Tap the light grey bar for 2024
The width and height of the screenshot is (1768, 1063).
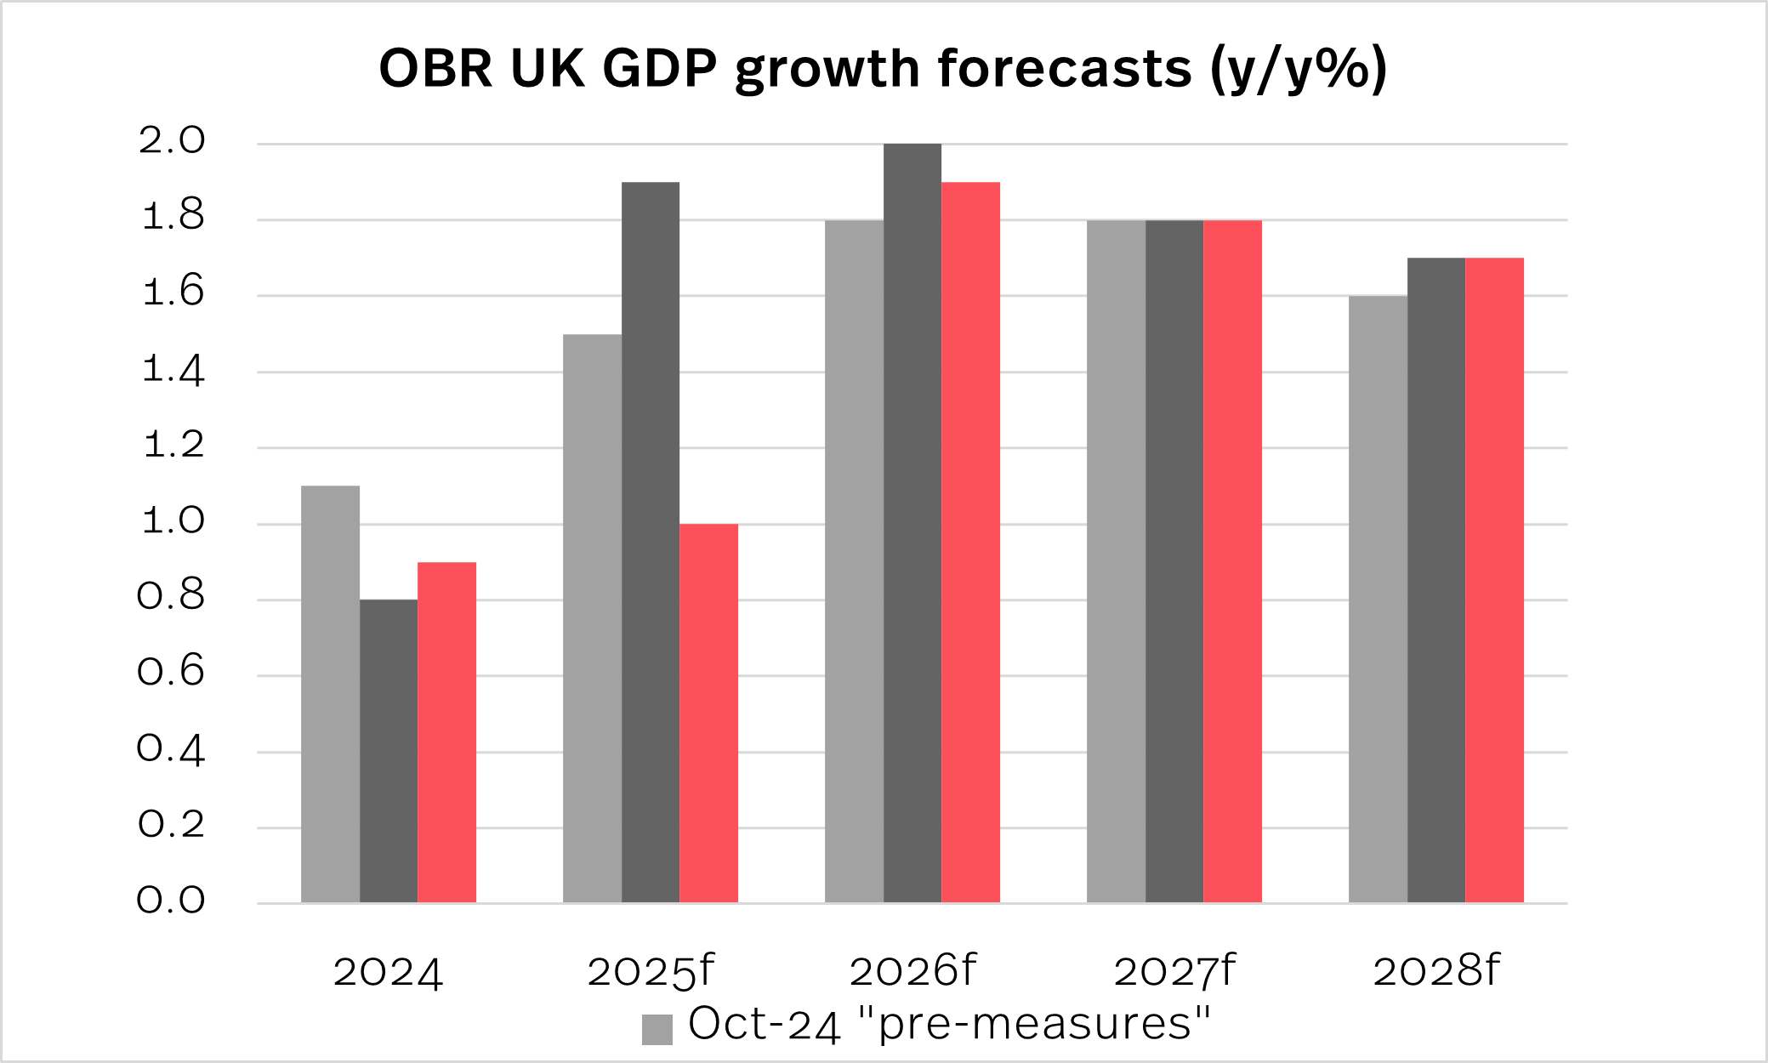tap(330, 694)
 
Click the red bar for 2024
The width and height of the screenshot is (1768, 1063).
tap(446, 732)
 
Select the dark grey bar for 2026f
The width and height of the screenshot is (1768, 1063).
tap(912, 523)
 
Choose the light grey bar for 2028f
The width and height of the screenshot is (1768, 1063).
tap(1378, 599)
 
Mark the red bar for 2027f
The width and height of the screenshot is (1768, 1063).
tap(1232, 561)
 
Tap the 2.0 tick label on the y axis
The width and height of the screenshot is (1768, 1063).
tap(172, 141)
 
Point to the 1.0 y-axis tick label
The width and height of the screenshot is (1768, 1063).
tap(172, 521)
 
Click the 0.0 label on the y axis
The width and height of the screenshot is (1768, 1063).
tap(172, 901)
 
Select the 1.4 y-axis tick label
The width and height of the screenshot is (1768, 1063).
tap(172, 370)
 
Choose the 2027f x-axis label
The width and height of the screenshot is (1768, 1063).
tap(1174, 971)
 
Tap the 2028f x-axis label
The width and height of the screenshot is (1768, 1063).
tap(1435, 971)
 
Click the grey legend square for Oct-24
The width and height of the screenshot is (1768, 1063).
tap(657, 1029)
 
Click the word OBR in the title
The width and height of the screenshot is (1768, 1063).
tap(435, 68)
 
